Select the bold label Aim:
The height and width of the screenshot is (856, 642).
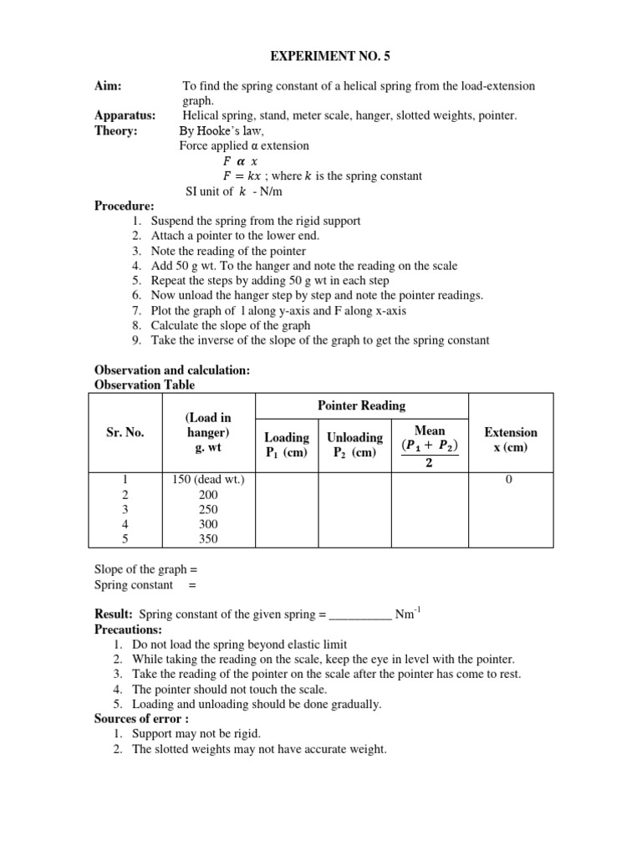[110, 86]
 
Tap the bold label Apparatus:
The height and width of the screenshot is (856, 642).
[125, 115]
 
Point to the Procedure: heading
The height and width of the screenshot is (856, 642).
[125, 206]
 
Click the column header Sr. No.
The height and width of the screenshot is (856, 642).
[125, 433]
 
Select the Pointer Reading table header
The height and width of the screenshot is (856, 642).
[361, 405]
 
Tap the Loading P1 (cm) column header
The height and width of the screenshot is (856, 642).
[287, 445]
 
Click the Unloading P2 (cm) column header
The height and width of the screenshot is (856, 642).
[354, 445]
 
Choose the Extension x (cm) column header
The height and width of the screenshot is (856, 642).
[511, 439]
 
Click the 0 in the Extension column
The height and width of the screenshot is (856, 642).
[508, 479]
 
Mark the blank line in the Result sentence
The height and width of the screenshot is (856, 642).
[360, 614]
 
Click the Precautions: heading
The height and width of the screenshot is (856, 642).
[128, 629]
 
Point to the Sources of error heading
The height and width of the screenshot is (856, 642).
[140, 719]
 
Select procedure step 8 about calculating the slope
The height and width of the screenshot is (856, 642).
[231, 325]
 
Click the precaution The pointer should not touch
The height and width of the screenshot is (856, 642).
[230, 690]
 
